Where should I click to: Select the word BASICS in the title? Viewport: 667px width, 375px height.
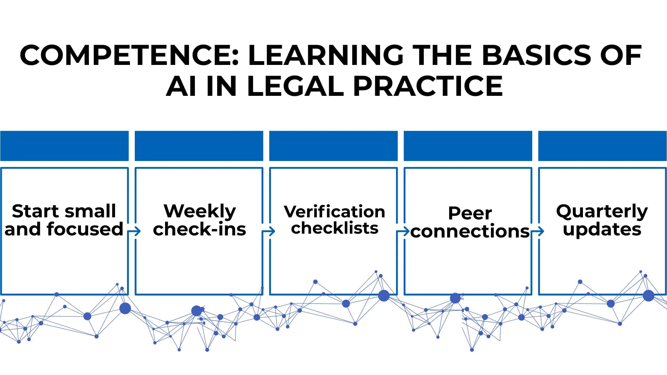[536, 56]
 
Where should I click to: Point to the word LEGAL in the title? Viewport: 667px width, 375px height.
[295, 86]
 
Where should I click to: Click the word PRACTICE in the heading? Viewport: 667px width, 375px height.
[428, 86]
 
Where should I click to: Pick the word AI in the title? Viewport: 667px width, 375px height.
[182, 86]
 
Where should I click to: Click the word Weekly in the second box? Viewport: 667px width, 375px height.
[200, 211]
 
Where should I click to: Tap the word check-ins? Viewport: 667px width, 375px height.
[199, 229]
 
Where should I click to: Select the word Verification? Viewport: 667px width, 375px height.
[334, 211]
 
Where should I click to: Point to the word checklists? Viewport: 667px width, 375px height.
[335, 228]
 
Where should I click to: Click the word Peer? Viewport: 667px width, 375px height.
[470, 213]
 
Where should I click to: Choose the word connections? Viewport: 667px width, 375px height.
[470, 231]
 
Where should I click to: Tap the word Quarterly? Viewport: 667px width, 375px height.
[602, 211]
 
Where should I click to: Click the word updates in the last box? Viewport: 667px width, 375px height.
[602, 229]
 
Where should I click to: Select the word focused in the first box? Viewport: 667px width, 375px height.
[85, 229]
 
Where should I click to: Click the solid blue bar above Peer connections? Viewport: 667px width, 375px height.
[468, 146]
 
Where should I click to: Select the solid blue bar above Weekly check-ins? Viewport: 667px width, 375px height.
[199, 146]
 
